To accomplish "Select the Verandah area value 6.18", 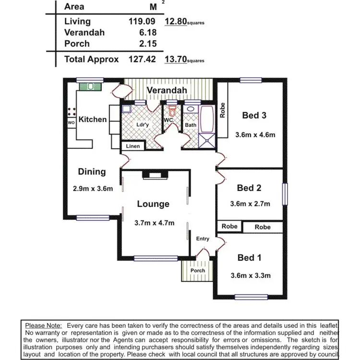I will pos(149,33).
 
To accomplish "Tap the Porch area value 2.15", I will pos(149,44).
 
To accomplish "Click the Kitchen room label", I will pos(93,119).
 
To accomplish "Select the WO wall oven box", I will pos(71,123).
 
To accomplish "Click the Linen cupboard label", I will pos(132,146).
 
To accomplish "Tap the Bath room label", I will pos(191,125).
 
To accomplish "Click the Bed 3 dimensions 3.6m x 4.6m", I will pos(255,135).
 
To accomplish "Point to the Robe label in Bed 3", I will pos(222,111).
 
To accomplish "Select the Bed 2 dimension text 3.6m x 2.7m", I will pos(250,204).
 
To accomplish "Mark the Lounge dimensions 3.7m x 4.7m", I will pos(154,222).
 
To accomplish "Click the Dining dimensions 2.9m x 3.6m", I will pos(93,188).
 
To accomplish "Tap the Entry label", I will pos(203,239).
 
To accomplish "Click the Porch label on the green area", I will pos(197,271).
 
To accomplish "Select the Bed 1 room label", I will pos(249,258).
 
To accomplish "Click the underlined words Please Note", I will pos(43,325).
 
